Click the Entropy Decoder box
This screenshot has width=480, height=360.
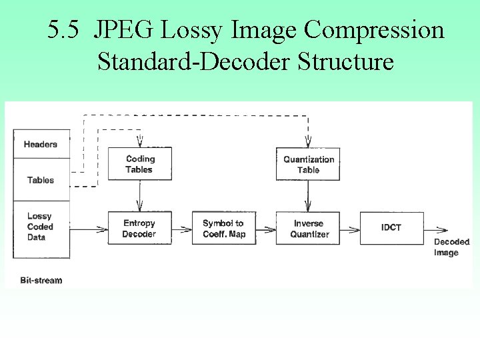139,229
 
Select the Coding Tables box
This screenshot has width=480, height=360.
139,164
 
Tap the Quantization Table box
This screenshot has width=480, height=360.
308,164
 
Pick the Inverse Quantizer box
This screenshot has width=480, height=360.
308,229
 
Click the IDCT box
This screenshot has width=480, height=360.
391,228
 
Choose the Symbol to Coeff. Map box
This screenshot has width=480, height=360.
223,229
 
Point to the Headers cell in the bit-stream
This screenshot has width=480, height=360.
41,144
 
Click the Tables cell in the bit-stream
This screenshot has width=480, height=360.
41,179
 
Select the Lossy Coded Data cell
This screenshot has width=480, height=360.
41,227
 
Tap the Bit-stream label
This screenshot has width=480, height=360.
41,281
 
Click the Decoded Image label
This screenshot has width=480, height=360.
451,247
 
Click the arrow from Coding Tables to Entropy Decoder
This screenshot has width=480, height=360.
139,196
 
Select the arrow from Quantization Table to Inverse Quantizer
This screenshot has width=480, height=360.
308,196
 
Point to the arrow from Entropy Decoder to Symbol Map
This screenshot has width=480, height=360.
182,229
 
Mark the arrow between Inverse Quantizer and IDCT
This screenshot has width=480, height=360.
350,229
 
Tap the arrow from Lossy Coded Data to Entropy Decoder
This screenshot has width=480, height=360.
89,229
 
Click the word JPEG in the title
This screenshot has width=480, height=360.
126,31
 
